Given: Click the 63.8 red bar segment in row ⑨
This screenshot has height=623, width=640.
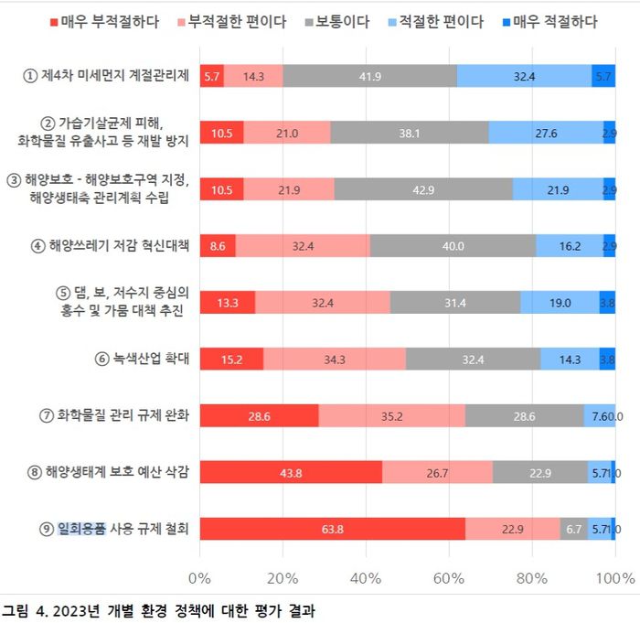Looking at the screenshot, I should pyautogui.click(x=332, y=529).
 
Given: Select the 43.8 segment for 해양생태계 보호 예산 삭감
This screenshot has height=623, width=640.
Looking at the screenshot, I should pyautogui.click(x=291, y=472).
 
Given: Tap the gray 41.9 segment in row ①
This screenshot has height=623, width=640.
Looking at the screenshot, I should pyautogui.click(x=369, y=76).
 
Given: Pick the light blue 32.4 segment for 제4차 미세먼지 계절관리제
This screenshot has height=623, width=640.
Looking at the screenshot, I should pyautogui.click(x=524, y=76).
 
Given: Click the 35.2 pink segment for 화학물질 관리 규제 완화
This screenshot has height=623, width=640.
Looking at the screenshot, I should pyautogui.click(x=391, y=415).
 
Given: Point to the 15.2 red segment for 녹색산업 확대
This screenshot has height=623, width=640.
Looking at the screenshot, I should pyautogui.click(x=231, y=359).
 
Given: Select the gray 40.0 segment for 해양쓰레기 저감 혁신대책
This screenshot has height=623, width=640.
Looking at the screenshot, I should pyautogui.click(x=453, y=245).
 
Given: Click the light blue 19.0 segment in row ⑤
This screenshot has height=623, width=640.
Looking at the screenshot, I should pyautogui.click(x=560, y=302).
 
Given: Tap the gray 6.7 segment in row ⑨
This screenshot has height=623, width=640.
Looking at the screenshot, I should pyautogui.click(x=574, y=529).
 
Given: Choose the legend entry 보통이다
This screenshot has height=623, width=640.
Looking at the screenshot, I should pyautogui.click(x=342, y=21).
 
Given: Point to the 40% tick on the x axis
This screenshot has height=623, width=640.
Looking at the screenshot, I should pyautogui.click(x=366, y=577).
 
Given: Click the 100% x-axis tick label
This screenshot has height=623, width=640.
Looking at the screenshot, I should pyautogui.click(x=614, y=577).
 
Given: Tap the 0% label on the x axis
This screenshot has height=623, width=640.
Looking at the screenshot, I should pyautogui.click(x=199, y=577).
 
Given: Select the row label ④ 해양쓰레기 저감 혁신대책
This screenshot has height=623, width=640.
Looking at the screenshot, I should pyautogui.click(x=110, y=245).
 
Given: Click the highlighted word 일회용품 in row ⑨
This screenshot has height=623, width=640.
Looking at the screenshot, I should pyautogui.click(x=81, y=529).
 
